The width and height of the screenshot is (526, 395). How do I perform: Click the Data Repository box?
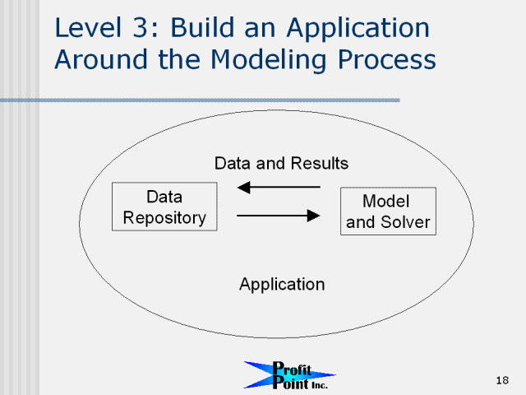164,207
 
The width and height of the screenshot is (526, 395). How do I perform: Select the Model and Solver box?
388,211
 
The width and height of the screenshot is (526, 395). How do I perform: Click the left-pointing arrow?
279,187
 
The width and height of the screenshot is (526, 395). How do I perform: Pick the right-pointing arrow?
279,216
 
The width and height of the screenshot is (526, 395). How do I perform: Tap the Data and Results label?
281,164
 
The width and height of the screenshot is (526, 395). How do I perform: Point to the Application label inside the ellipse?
282,285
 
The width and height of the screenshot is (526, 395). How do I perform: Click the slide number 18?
502,380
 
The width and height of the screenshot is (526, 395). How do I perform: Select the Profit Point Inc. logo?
289,375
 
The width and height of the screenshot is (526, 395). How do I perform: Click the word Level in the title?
88,27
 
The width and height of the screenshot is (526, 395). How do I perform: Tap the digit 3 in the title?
141,27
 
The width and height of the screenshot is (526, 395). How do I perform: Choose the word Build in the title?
203,27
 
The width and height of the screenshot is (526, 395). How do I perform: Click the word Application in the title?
358,29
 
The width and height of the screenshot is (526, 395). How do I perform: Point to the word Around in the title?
101,59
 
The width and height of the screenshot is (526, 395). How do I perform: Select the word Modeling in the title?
269,60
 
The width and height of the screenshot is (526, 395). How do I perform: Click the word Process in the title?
387,59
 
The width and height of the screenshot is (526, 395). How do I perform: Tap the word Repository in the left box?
164,218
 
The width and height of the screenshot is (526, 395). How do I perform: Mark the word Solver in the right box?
405,222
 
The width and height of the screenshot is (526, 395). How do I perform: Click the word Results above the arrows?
320,164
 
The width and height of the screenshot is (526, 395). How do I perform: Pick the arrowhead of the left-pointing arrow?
243,187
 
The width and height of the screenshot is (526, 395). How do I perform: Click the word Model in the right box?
385,201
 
